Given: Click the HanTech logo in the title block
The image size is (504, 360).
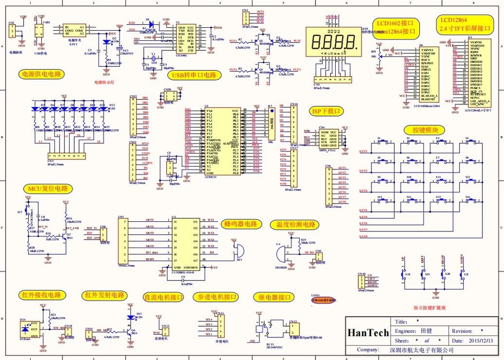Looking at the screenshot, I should tap(368, 332).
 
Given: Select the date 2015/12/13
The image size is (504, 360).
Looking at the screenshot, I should tap(481, 340).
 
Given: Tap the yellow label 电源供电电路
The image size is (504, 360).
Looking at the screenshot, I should tap(42, 74).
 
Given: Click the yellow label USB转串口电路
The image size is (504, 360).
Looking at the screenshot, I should tap(194, 75).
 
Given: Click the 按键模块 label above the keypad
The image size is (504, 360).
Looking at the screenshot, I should tap(418, 130).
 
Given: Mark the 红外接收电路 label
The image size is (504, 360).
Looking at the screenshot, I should tap(41, 295).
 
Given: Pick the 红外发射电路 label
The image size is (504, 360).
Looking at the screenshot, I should tap(104, 295).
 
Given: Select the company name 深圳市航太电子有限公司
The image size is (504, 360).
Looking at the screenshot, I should tap(419, 349).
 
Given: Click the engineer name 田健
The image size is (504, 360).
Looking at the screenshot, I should tap(426, 331).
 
